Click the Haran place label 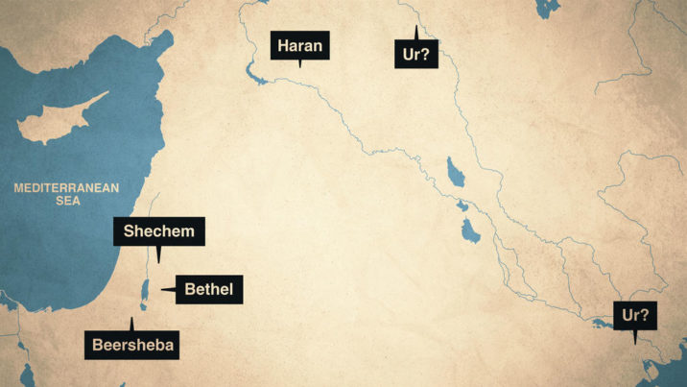301,45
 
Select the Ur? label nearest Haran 415,54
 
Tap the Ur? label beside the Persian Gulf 634,315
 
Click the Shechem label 159,231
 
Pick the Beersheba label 133,345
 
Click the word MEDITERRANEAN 65,188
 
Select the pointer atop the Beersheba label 131,322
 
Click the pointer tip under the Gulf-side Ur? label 634,341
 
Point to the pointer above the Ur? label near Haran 415,29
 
